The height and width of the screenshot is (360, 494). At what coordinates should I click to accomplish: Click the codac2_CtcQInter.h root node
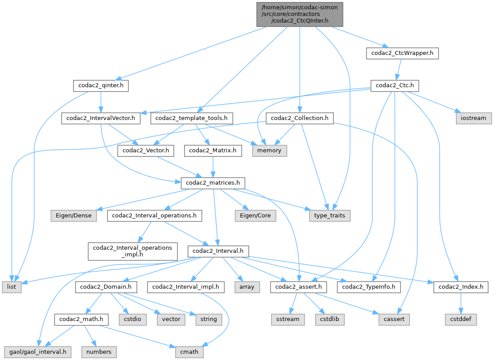click(x=300, y=14)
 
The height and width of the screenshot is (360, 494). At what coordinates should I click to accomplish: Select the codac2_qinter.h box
click(x=101, y=85)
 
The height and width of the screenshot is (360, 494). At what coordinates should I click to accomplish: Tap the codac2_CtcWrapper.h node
click(x=402, y=54)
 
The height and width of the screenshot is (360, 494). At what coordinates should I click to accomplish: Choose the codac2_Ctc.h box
click(x=394, y=85)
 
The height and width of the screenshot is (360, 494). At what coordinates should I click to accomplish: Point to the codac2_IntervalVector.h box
click(x=101, y=118)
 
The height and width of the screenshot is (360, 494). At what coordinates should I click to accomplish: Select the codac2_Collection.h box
click(x=299, y=118)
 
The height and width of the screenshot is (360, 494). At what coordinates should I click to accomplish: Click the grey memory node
click(x=270, y=151)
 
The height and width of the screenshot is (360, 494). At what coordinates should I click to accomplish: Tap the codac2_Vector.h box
click(x=146, y=151)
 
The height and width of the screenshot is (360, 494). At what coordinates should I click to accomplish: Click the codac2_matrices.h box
click(x=213, y=183)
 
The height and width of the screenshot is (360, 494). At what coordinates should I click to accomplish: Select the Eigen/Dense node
click(x=74, y=216)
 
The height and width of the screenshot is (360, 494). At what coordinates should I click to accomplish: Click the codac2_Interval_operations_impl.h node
click(x=133, y=251)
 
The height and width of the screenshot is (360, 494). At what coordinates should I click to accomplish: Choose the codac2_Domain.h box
click(x=105, y=287)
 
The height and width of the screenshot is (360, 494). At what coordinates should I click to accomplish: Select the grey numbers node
click(x=99, y=352)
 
